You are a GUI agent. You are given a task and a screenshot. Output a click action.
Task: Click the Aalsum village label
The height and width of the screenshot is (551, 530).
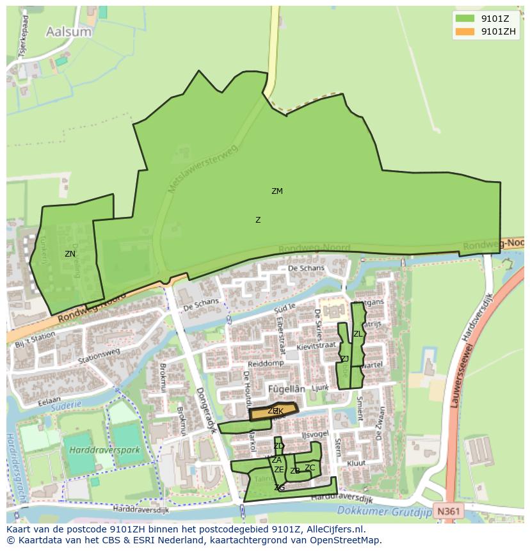(x=69, y=31)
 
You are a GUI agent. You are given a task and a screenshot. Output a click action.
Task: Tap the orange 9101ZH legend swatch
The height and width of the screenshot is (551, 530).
(x=465, y=31)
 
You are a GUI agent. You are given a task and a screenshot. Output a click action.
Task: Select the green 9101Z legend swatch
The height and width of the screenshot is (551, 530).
(x=465, y=19)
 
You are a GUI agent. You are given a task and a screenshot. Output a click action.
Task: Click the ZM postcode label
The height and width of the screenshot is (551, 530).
(x=277, y=191)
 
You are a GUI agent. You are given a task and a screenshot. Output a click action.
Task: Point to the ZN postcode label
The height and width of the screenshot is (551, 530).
(x=70, y=254)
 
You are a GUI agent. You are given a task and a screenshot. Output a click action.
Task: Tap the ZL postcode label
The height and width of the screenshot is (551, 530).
(x=358, y=334)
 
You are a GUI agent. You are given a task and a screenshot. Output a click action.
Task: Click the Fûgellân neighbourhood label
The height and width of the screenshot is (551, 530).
(x=285, y=388)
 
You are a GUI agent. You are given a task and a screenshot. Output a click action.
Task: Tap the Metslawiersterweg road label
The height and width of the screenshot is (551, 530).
(x=202, y=169)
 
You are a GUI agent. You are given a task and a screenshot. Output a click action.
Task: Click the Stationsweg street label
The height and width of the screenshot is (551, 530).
(x=99, y=356)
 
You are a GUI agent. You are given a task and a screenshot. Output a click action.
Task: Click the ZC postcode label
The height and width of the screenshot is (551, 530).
(x=310, y=468)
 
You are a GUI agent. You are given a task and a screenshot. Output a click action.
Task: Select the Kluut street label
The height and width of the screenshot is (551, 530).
(x=356, y=463)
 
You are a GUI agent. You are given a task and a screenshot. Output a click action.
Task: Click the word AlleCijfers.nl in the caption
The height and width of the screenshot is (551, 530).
(x=333, y=530)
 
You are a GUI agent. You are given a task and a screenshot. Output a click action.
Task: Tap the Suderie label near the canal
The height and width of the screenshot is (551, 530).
(x=69, y=405)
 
